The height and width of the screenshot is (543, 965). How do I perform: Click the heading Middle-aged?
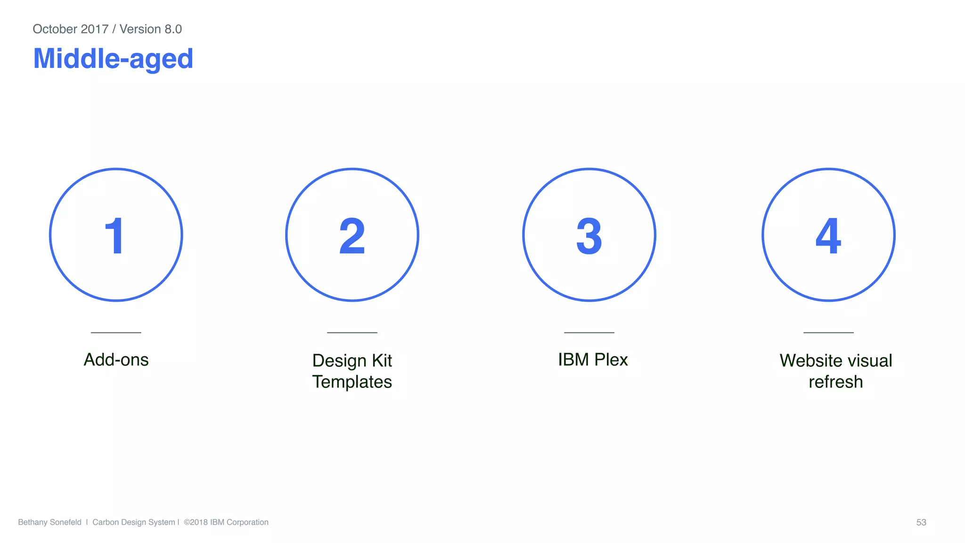pyautogui.click(x=113, y=59)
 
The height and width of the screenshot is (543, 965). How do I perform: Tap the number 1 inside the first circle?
pyautogui.click(x=114, y=236)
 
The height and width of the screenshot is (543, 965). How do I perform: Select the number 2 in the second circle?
pyautogui.click(x=352, y=236)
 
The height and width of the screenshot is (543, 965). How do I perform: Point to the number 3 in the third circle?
pyautogui.click(x=589, y=236)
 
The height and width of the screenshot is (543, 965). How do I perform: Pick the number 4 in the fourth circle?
pyautogui.click(x=828, y=236)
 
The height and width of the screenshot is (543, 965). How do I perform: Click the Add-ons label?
pyautogui.click(x=116, y=360)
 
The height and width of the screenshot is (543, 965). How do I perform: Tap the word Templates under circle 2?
pyautogui.click(x=352, y=382)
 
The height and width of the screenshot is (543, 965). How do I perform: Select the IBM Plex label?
pyautogui.click(x=593, y=360)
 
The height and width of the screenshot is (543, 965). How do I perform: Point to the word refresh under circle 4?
pyautogui.click(x=835, y=382)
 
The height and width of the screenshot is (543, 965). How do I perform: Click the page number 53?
pyautogui.click(x=921, y=522)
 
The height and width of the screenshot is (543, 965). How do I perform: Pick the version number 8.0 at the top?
pyautogui.click(x=173, y=29)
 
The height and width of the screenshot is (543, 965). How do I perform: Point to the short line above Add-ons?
pyautogui.click(x=116, y=332)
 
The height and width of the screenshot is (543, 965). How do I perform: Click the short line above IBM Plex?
pyautogui.click(x=589, y=332)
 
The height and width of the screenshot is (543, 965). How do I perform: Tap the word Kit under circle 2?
pyautogui.click(x=382, y=361)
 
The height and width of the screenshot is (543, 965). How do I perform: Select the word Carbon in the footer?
pyautogui.click(x=105, y=522)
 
